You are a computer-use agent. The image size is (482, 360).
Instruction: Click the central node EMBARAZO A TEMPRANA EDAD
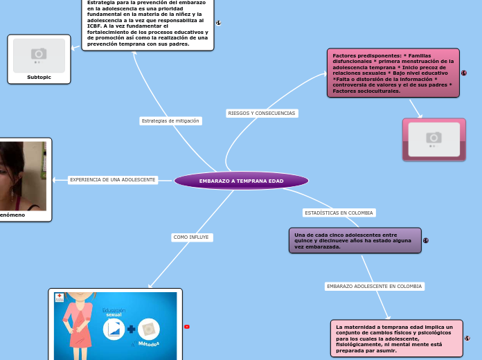coord(241,181)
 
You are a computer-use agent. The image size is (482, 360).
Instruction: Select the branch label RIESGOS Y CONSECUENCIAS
coord(261,113)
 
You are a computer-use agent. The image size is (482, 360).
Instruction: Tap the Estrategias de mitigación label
coord(170,120)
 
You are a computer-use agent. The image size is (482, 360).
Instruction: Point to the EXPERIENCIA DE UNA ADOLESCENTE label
coord(112,180)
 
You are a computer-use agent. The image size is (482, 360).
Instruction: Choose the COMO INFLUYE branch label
coord(191,237)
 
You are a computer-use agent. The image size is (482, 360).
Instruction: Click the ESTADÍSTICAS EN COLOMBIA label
coord(339,213)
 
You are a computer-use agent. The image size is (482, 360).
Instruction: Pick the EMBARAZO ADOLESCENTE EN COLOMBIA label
coord(374,286)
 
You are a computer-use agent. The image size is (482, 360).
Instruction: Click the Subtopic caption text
coord(39,77)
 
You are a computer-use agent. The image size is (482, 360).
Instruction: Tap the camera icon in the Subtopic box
coord(39,54)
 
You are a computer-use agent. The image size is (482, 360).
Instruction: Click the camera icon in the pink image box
coord(434,138)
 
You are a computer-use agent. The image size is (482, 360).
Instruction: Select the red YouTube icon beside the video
coord(187,327)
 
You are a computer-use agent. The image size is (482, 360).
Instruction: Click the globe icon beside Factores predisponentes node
coord(463,73)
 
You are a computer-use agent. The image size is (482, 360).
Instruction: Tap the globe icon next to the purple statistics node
coord(426,240)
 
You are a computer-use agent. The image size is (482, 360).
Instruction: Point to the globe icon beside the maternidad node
coord(467,338)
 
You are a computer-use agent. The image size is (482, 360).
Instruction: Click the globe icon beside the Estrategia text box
coord(219,23)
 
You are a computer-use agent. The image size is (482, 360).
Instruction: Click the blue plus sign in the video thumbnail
coord(131,330)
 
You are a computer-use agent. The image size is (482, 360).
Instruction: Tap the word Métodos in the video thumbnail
coord(148,344)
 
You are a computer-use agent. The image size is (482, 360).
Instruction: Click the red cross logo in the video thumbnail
coord(60,296)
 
